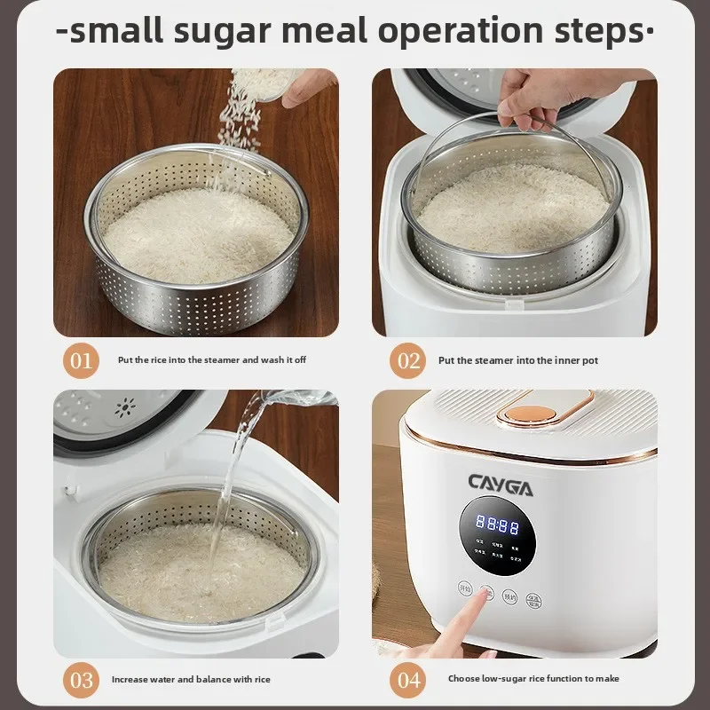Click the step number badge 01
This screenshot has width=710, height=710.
81,360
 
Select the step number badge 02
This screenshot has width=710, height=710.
408,360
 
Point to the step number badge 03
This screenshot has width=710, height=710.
81,680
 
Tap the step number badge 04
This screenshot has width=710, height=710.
408,680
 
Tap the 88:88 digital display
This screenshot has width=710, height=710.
497,525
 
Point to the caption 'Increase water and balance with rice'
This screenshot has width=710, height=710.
191,680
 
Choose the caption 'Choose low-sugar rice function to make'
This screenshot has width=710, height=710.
533,679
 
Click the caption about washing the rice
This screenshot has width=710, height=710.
212,360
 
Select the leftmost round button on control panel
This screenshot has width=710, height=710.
464,588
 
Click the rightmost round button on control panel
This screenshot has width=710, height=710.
533,599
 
